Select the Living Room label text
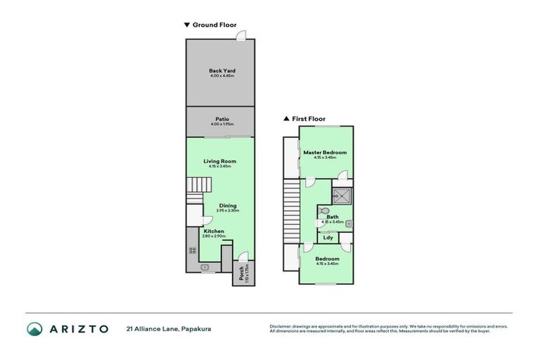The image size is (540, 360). (x=220, y=161)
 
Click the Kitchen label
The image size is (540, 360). (x=214, y=231)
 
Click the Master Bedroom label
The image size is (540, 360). (x=325, y=153)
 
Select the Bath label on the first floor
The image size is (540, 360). (x=333, y=217)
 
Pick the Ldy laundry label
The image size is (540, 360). (x=328, y=238)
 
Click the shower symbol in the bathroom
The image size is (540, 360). (x=342, y=195)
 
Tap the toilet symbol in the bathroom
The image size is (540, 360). (x=323, y=210)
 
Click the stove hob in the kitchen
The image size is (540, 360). (x=191, y=251)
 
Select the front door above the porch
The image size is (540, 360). (x=241, y=257)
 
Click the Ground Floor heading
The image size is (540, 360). (x=211, y=25)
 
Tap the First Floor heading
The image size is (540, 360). (x=304, y=119)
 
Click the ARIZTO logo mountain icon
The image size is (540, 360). (x=35, y=328)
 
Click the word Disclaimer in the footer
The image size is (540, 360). (x=282, y=326)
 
